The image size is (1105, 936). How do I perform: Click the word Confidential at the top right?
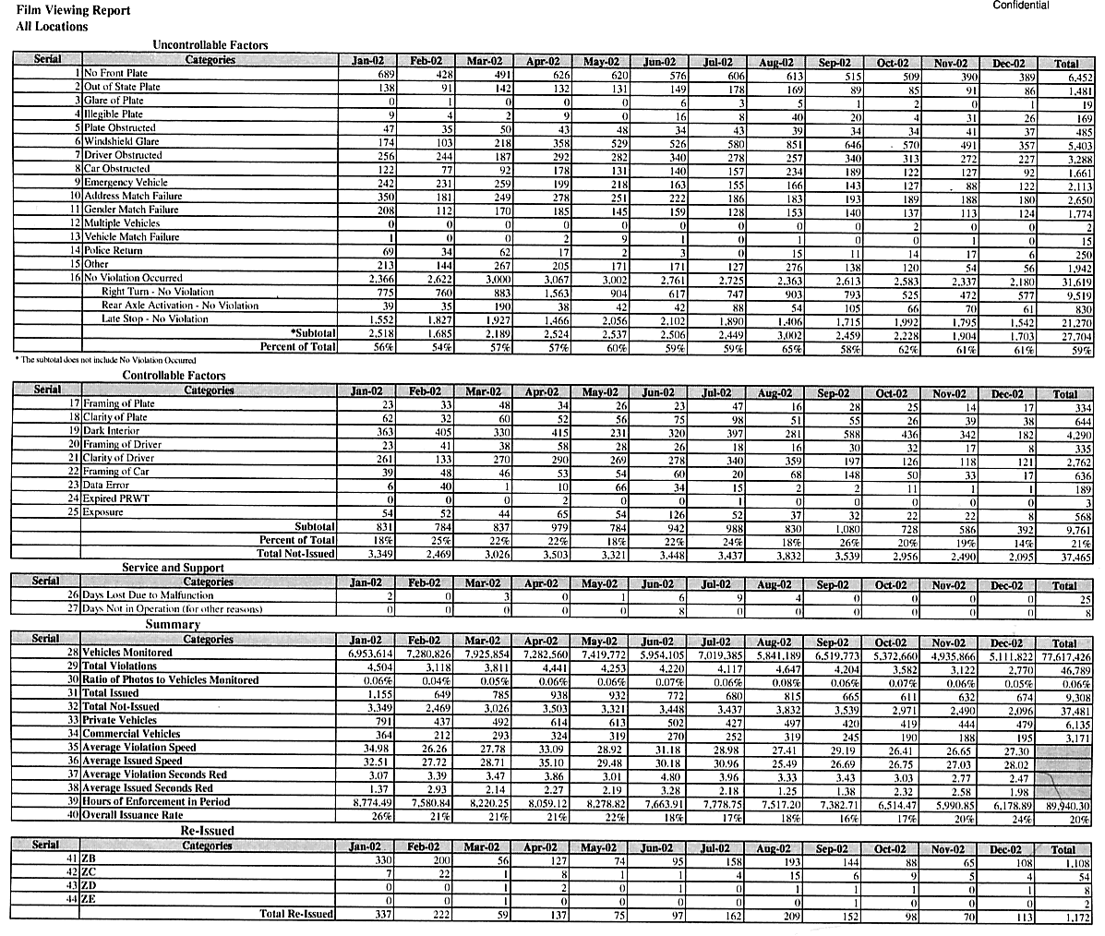[x=1020, y=6]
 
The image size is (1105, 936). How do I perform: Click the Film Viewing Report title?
[x=60, y=11]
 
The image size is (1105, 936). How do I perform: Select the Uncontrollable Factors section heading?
[x=210, y=44]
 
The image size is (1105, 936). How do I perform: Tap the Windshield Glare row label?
[x=122, y=141]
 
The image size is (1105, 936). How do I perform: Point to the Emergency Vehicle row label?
[x=126, y=182]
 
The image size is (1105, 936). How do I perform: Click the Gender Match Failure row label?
[x=133, y=210]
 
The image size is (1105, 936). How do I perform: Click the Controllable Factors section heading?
[x=174, y=376]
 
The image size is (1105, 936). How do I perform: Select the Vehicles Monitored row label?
[x=127, y=653]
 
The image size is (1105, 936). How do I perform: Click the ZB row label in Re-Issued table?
[x=90, y=859]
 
